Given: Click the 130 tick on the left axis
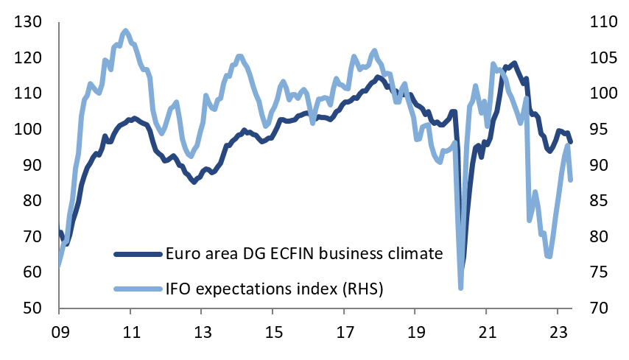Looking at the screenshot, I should coord(27,22).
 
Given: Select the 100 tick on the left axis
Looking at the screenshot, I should coord(27,130).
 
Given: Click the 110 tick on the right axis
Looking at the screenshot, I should coord(603,22).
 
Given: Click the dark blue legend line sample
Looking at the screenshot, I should coord(137,254).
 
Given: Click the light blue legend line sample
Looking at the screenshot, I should coord(137,289).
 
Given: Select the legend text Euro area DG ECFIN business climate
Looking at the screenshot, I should coord(304,254).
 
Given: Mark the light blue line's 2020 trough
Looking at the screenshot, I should coord(460,287).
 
